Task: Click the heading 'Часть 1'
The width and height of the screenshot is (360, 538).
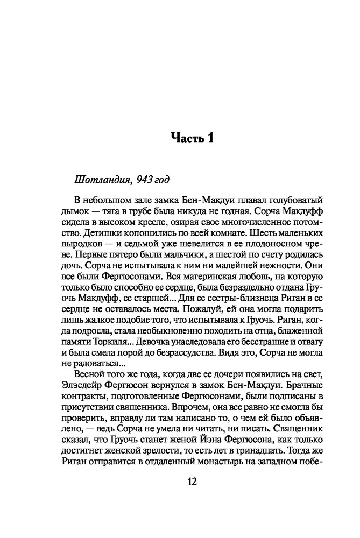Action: pyautogui.click(x=192, y=137)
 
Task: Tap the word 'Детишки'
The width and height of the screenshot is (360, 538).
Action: pyautogui.click(x=99, y=236)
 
